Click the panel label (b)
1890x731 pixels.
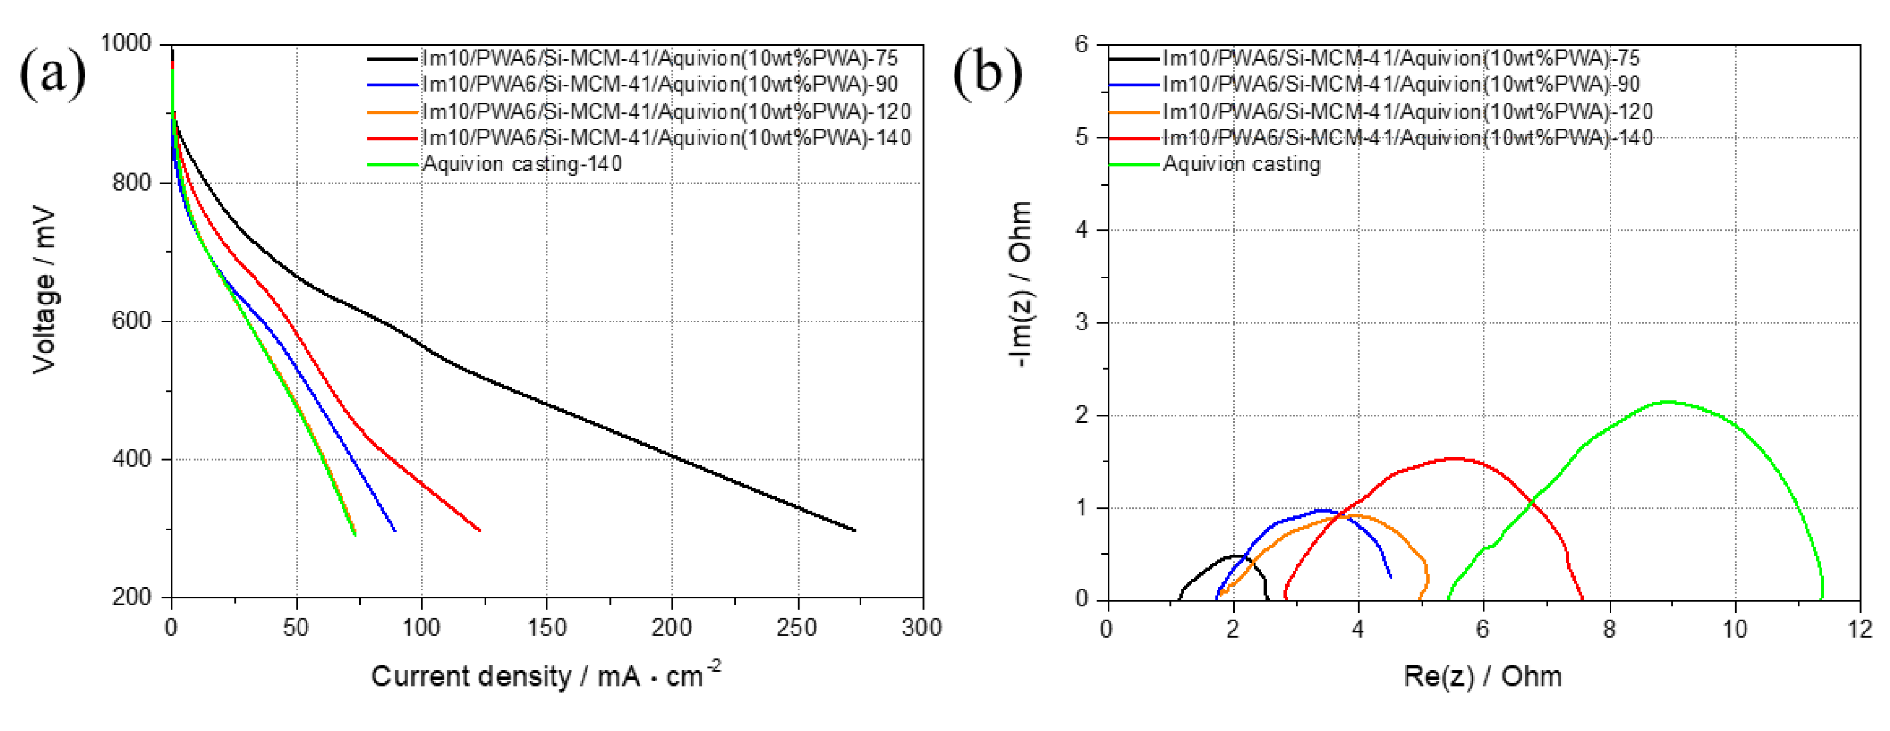click(987, 73)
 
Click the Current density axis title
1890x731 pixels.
click(545, 675)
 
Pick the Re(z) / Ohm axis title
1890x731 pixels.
click(1482, 675)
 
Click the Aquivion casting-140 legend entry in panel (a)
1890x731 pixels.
click(522, 164)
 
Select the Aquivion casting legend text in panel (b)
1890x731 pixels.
click(1242, 164)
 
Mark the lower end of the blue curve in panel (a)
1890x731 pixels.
click(395, 530)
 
